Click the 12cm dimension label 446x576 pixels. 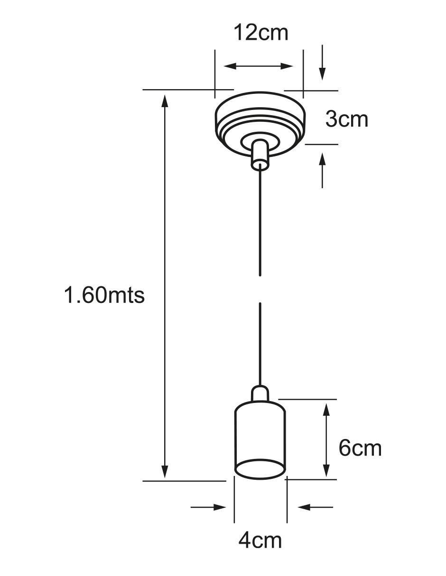260,32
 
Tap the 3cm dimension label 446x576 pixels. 346,119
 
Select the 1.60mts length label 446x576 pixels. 104,295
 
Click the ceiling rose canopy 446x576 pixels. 260,124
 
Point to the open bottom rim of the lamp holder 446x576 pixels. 260,470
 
